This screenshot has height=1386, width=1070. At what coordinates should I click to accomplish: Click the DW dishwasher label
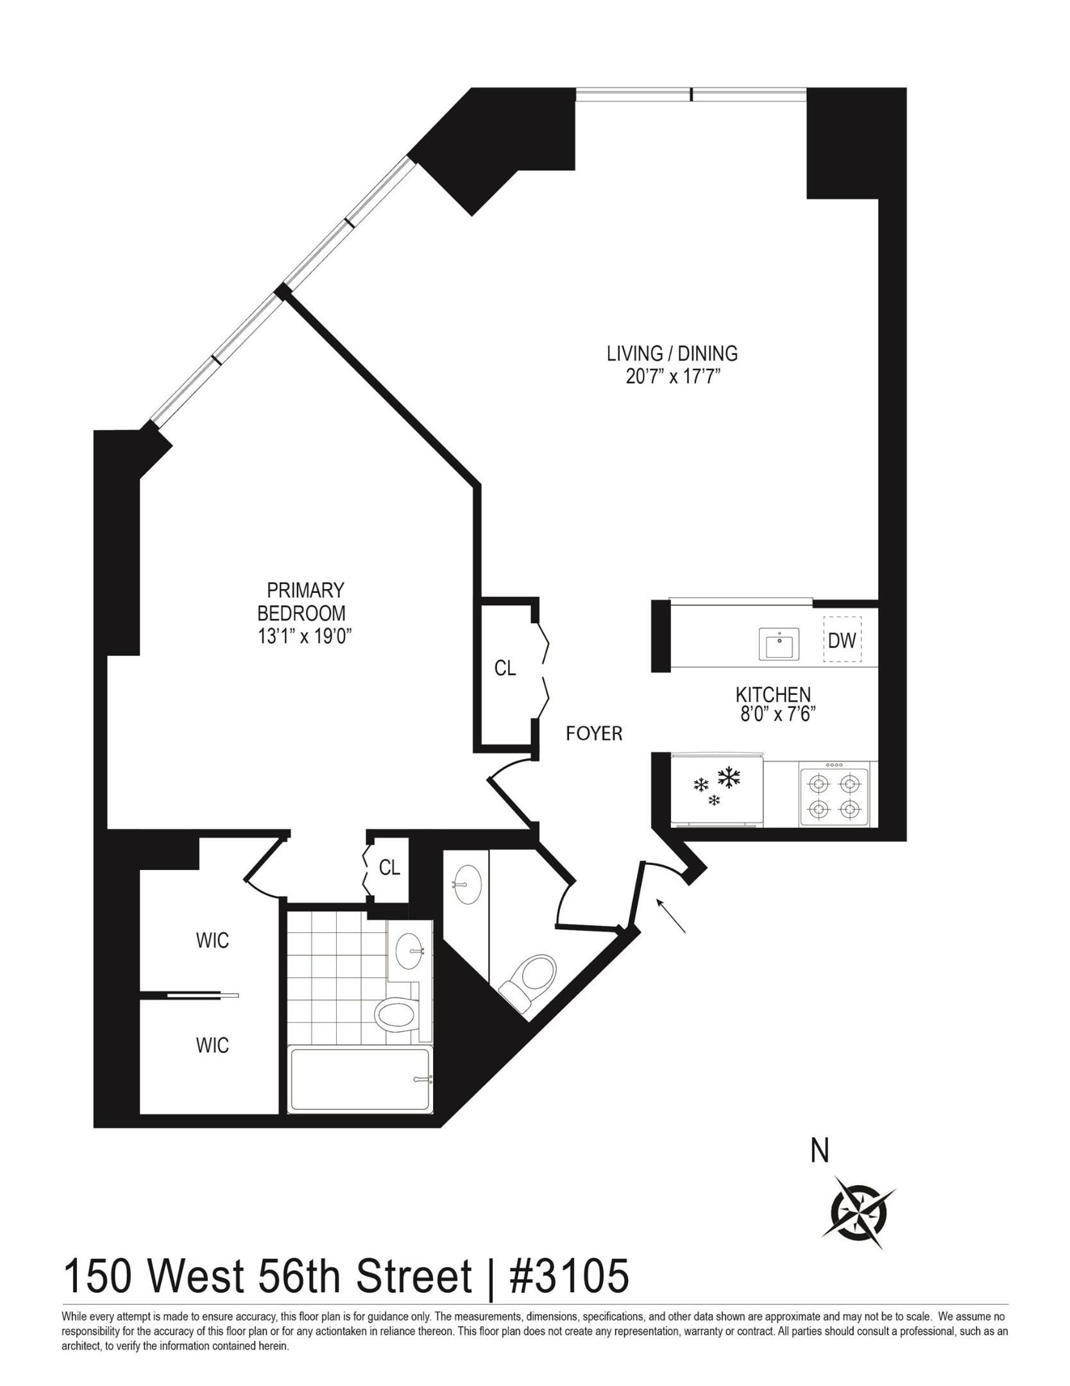(x=842, y=640)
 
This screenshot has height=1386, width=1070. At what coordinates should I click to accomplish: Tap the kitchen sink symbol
(x=779, y=644)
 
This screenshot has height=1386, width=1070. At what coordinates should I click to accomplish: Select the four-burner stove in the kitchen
(x=834, y=794)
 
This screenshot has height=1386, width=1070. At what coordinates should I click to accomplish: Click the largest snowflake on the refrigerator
(x=728, y=778)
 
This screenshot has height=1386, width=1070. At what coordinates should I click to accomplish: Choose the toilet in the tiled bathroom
(x=394, y=1014)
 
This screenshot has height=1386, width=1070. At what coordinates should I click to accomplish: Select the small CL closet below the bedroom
(x=389, y=868)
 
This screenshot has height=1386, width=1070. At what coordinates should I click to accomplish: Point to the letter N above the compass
(x=820, y=1151)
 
